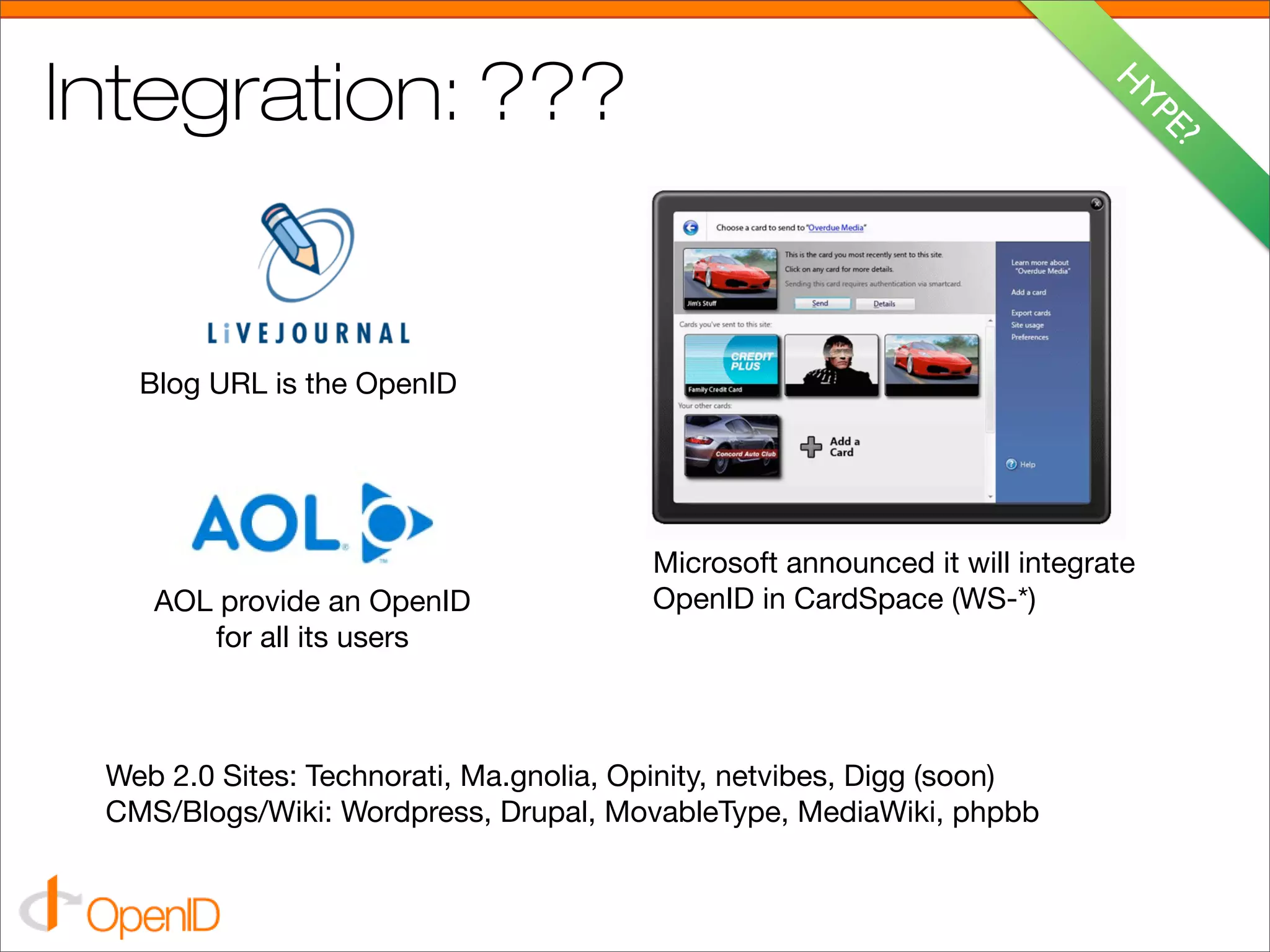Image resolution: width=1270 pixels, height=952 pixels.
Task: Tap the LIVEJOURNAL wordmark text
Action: (309, 333)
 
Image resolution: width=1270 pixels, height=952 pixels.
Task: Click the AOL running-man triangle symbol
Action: (394, 522)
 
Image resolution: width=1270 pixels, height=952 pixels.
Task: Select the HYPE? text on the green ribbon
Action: (1158, 103)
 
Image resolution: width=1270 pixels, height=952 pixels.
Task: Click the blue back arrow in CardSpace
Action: (691, 227)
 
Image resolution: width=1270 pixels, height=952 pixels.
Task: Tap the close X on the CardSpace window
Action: (1096, 204)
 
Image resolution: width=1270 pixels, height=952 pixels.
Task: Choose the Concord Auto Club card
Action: (732, 446)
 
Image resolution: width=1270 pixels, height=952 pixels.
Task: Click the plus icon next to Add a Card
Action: (810, 447)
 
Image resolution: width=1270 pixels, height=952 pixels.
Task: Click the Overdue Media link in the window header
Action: (836, 227)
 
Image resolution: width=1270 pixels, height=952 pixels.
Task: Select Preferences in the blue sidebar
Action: (1029, 337)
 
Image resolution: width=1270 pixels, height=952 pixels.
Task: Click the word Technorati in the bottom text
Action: (378, 776)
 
